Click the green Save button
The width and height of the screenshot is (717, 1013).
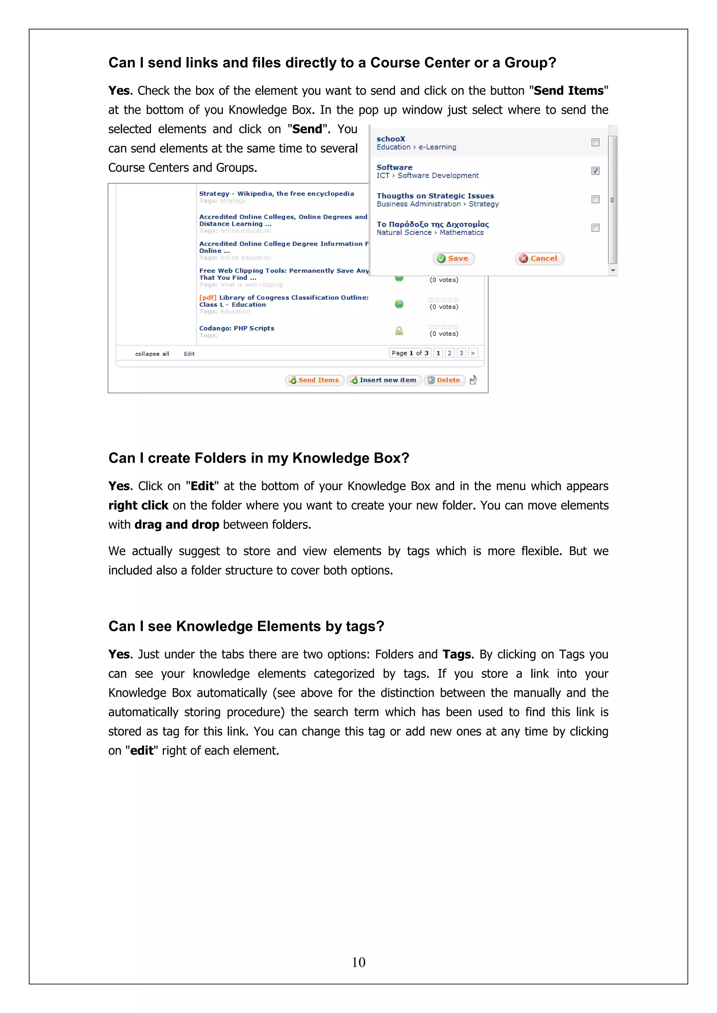[x=453, y=258]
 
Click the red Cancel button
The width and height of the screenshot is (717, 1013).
[x=539, y=258]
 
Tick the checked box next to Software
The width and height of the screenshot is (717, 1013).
[x=595, y=171]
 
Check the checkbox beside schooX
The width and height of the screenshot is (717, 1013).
[x=595, y=142]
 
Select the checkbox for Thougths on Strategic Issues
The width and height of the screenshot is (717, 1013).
[x=595, y=199]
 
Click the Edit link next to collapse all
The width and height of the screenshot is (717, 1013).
[x=189, y=354]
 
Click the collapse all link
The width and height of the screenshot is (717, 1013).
[x=152, y=354]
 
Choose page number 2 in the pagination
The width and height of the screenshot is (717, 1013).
[x=450, y=353]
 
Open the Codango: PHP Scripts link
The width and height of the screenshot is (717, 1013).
[x=237, y=328]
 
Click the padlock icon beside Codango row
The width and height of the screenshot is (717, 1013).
[x=399, y=331]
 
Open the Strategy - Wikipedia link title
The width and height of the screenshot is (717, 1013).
[x=276, y=194]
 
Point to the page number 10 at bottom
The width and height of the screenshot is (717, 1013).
[x=358, y=962]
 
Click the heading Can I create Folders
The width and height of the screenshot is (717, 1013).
[x=259, y=458]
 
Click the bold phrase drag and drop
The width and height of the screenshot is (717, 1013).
[x=176, y=525]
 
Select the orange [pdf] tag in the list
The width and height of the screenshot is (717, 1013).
[x=208, y=298]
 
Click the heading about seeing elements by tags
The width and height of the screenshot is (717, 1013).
[x=246, y=626]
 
